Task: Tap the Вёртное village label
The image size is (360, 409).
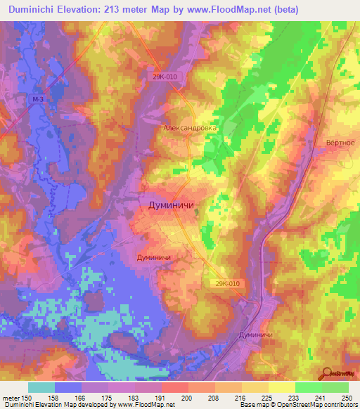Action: tap(340, 143)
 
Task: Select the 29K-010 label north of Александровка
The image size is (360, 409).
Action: tap(165, 78)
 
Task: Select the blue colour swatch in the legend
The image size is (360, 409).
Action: tap(67, 387)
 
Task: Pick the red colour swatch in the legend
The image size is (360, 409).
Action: tap(174, 387)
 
